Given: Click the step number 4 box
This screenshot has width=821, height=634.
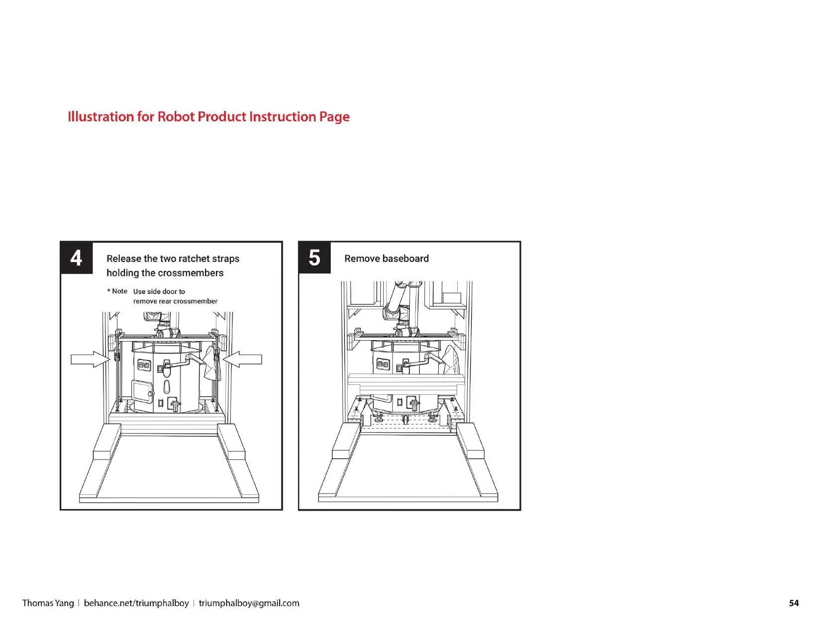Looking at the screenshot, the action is (x=76, y=258).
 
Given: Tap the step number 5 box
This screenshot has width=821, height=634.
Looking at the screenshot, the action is (x=314, y=258).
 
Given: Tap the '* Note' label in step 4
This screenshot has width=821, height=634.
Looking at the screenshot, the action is (x=117, y=291).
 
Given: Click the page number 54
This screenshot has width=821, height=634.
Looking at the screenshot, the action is (x=794, y=603).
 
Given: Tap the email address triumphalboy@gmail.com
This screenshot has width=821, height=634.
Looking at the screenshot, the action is (x=249, y=603).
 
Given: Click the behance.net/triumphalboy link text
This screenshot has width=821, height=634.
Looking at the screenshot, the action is (x=136, y=603).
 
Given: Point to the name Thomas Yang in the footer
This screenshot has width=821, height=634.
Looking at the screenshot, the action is (x=48, y=603).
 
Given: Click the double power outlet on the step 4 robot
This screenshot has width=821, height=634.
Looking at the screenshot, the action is (x=144, y=365).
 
